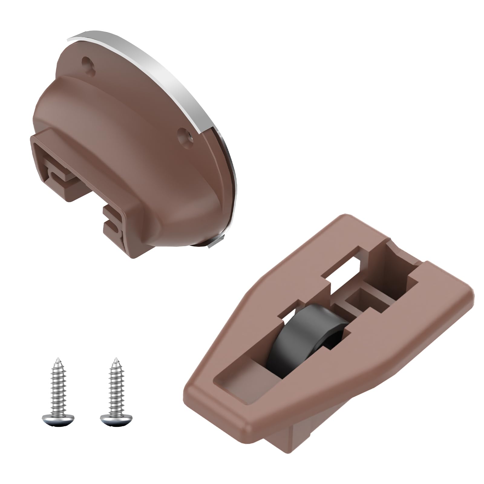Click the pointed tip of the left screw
[x=57, y=359]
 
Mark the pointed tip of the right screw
[x=115, y=359]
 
